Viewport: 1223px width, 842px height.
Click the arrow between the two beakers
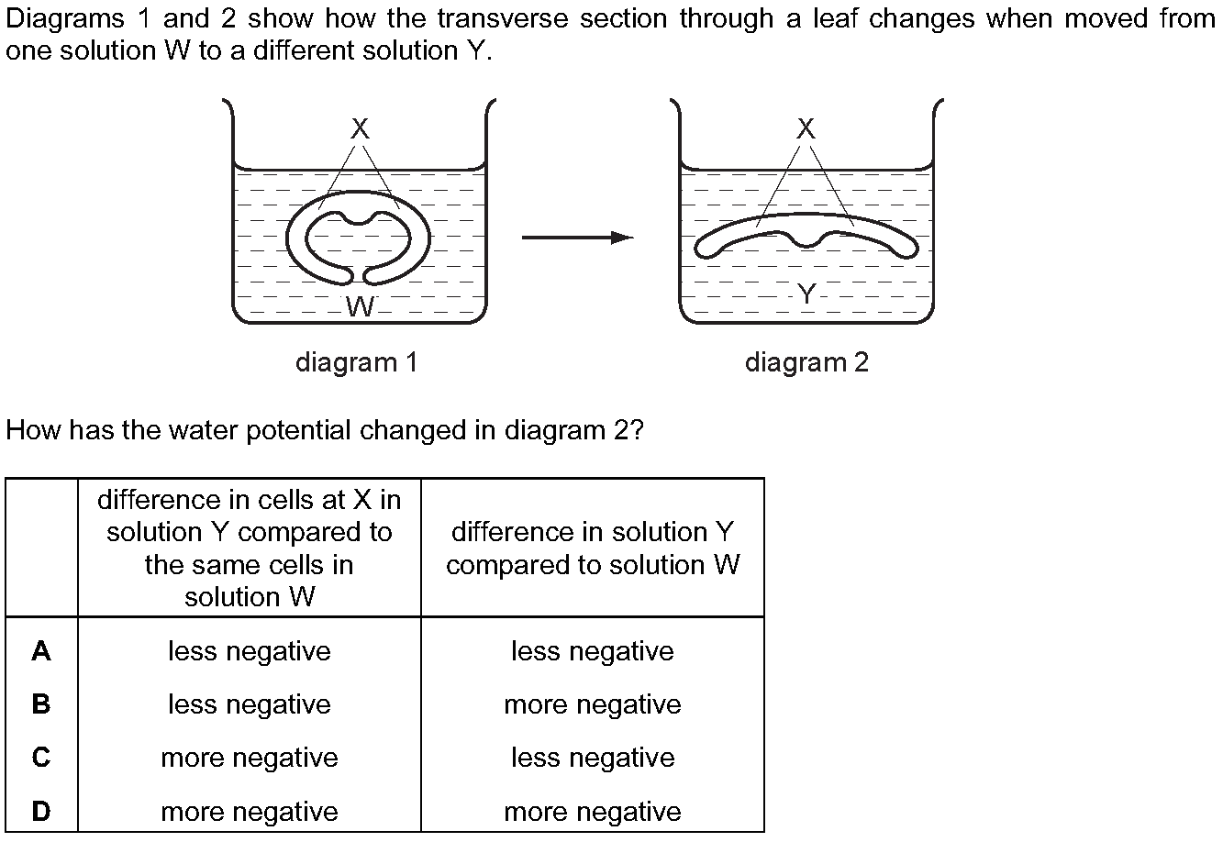click(578, 238)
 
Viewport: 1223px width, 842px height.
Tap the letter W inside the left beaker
click(361, 306)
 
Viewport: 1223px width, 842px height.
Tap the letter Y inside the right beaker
click(806, 294)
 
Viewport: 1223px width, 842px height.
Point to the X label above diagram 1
click(360, 128)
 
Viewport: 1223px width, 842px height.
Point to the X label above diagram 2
click(806, 128)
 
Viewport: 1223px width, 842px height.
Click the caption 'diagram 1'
click(357, 362)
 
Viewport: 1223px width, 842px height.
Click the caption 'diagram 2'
click(806, 362)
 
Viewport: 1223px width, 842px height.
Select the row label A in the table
click(41, 651)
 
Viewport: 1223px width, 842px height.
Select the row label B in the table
click(41, 704)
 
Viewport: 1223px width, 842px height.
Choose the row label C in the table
click(41, 758)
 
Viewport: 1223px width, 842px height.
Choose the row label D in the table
click(41, 811)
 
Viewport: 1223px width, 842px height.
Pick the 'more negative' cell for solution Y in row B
click(593, 704)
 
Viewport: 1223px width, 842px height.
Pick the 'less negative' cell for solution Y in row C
click(593, 758)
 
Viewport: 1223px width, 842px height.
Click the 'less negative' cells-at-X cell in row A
click(250, 651)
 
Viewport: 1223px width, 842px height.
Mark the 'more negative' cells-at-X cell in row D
click(250, 812)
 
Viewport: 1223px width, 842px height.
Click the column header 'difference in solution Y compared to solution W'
click(593, 548)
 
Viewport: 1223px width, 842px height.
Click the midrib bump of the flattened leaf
click(806, 241)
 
